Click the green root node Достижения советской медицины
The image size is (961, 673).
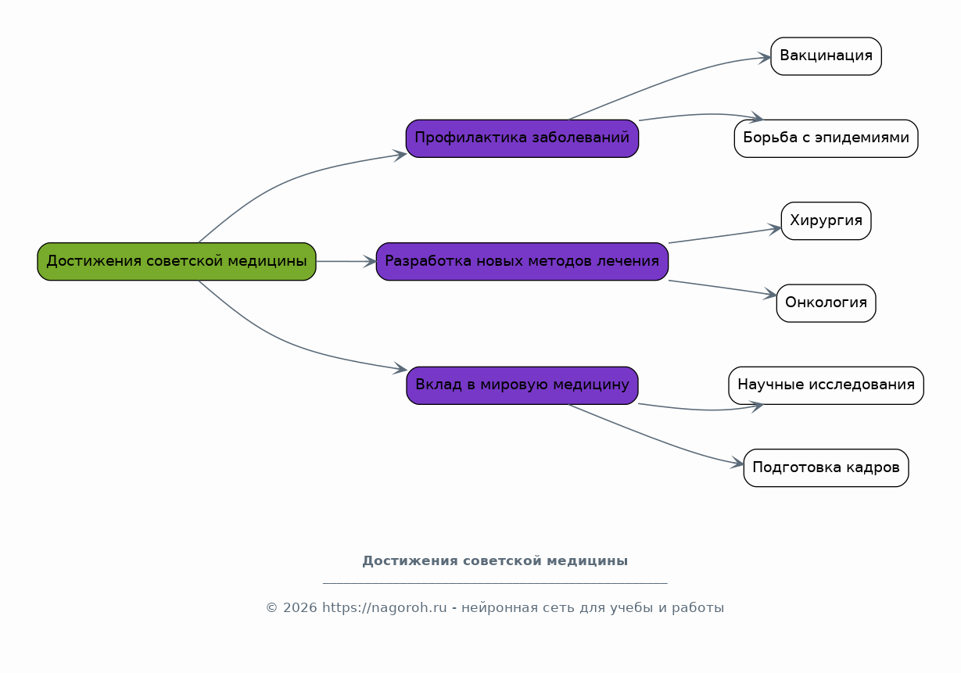click(177, 261)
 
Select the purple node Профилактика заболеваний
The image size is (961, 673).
click(522, 138)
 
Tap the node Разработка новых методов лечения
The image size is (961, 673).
click(522, 261)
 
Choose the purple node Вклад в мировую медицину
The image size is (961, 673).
click(522, 385)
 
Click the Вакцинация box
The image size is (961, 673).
click(826, 55)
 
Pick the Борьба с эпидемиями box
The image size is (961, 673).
click(826, 138)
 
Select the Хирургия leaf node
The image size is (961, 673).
click(826, 220)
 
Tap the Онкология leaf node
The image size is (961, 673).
click(826, 302)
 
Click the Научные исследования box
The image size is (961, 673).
click(826, 385)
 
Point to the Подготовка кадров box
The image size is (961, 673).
click(826, 467)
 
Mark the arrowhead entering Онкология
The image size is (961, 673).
click(771, 295)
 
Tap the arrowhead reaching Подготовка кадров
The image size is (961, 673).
click(738, 465)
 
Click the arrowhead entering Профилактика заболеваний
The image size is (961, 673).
click(400, 154)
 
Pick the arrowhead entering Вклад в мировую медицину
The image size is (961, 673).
click(400, 369)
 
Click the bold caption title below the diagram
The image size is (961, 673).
click(494, 561)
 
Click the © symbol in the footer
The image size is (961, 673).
click(271, 608)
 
